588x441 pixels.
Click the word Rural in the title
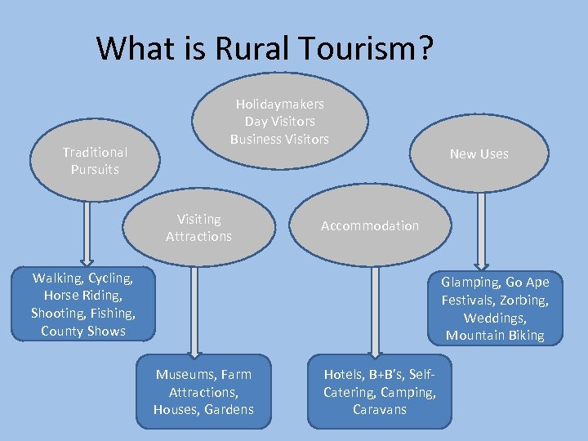click(246, 48)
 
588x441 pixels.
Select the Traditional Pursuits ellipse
click(95, 161)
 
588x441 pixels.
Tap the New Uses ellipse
click(479, 154)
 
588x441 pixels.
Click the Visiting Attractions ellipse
click(198, 228)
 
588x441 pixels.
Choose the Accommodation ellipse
click(369, 225)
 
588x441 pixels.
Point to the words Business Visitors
click(279, 139)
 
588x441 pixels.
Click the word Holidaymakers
click(279, 104)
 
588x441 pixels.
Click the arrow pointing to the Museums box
click(194, 310)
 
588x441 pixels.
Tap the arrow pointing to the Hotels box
click(375, 310)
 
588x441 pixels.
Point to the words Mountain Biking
click(494, 336)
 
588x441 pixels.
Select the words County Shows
click(83, 331)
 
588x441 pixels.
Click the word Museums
click(185, 374)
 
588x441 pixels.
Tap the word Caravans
click(379, 409)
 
